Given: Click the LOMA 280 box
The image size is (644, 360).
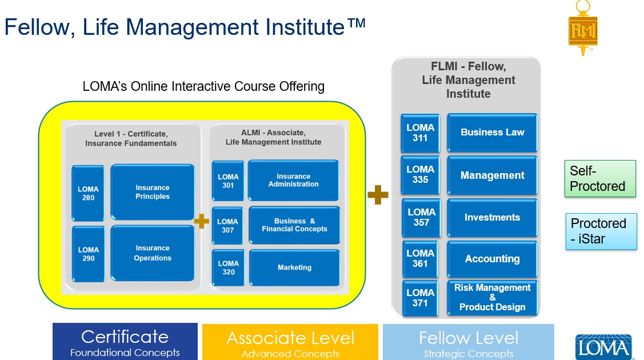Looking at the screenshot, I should point(88,193).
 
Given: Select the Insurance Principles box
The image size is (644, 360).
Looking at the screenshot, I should point(153,192).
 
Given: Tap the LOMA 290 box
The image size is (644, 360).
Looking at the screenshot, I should point(88,254).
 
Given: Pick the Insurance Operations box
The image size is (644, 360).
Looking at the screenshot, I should point(153,253).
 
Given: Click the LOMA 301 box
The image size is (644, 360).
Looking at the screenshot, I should point(228,181).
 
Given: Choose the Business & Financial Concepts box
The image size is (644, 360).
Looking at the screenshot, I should point(294,225).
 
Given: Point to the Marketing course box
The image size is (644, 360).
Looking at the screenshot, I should point(294,267).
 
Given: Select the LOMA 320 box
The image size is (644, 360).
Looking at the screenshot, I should point(228,267).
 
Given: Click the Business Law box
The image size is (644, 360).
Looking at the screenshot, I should point(492,132).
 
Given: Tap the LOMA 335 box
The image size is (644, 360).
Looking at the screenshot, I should point(421,174).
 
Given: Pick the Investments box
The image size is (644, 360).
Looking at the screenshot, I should point(492,218).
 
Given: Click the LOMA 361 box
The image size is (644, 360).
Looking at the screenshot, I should point(421,258).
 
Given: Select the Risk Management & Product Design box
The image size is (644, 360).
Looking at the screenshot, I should point(492,298).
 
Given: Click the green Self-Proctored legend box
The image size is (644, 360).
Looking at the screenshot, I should point(600,178).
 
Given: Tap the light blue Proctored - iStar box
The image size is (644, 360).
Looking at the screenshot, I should point(601,231).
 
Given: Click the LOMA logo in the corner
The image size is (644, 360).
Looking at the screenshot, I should point(603,347).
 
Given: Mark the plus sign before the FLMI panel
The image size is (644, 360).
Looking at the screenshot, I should point(378,195).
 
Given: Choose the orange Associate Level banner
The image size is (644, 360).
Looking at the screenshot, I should point(290,342).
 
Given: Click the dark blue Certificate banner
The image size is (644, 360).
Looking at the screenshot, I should point(125,342).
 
